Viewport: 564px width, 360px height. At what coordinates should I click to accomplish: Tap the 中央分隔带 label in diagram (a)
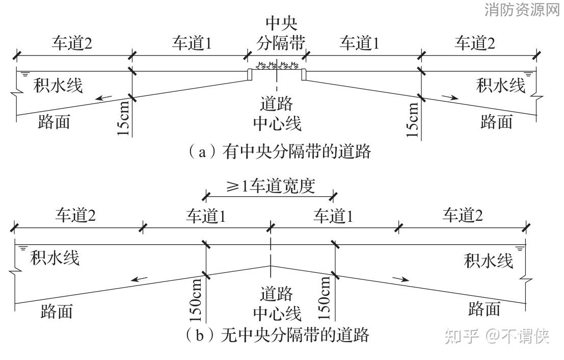click(282, 34)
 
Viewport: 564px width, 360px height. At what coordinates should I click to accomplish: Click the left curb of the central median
click(250, 74)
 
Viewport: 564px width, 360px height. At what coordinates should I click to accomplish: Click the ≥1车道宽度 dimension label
click(270, 186)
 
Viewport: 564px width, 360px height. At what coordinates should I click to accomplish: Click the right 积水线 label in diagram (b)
click(488, 261)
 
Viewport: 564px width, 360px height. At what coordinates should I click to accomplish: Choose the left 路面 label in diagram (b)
click(56, 311)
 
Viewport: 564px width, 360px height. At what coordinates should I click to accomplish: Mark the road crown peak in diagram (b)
click(270, 266)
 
